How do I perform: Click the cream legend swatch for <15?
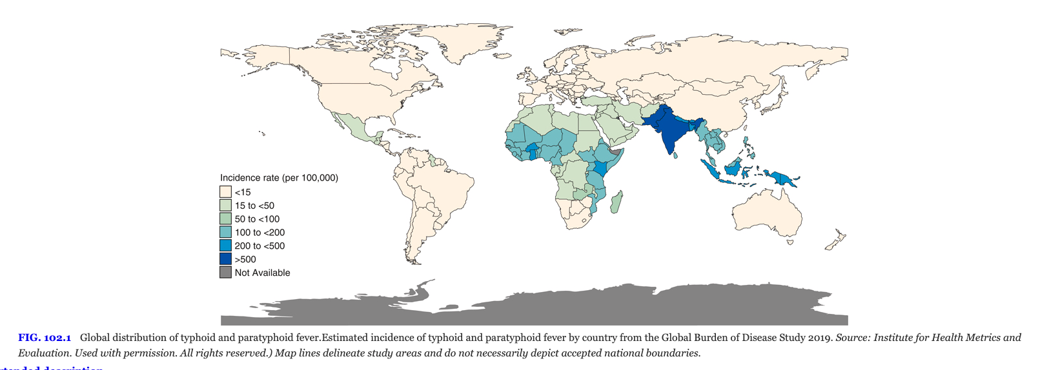225,192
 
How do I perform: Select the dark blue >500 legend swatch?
225,259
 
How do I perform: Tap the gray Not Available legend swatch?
225,273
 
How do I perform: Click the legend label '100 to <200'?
260,233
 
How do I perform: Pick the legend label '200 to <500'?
260,246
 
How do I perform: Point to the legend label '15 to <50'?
254,206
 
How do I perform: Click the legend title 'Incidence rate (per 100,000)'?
279,178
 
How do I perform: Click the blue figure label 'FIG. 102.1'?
45,338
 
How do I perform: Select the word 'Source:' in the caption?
853,338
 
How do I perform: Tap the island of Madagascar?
617,202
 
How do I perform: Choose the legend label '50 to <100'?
257,219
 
